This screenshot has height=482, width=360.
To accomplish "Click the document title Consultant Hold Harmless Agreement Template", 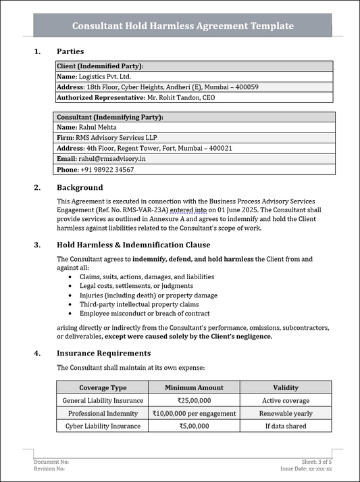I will click(183, 26).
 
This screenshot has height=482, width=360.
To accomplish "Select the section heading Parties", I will click(70, 51).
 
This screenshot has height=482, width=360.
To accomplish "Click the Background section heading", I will click(80, 187).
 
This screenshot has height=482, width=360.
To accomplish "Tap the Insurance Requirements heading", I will click(103, 353).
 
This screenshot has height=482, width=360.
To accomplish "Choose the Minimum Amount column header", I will click(194, 387).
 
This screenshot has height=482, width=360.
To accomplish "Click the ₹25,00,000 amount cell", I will click(194, 400).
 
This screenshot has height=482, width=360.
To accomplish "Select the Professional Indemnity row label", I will click(103, 413).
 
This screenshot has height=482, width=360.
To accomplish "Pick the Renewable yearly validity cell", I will click(286, 413).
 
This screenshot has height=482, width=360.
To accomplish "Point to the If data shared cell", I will click(286, 426).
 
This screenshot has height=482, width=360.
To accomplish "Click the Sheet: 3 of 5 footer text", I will click(322, 461).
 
